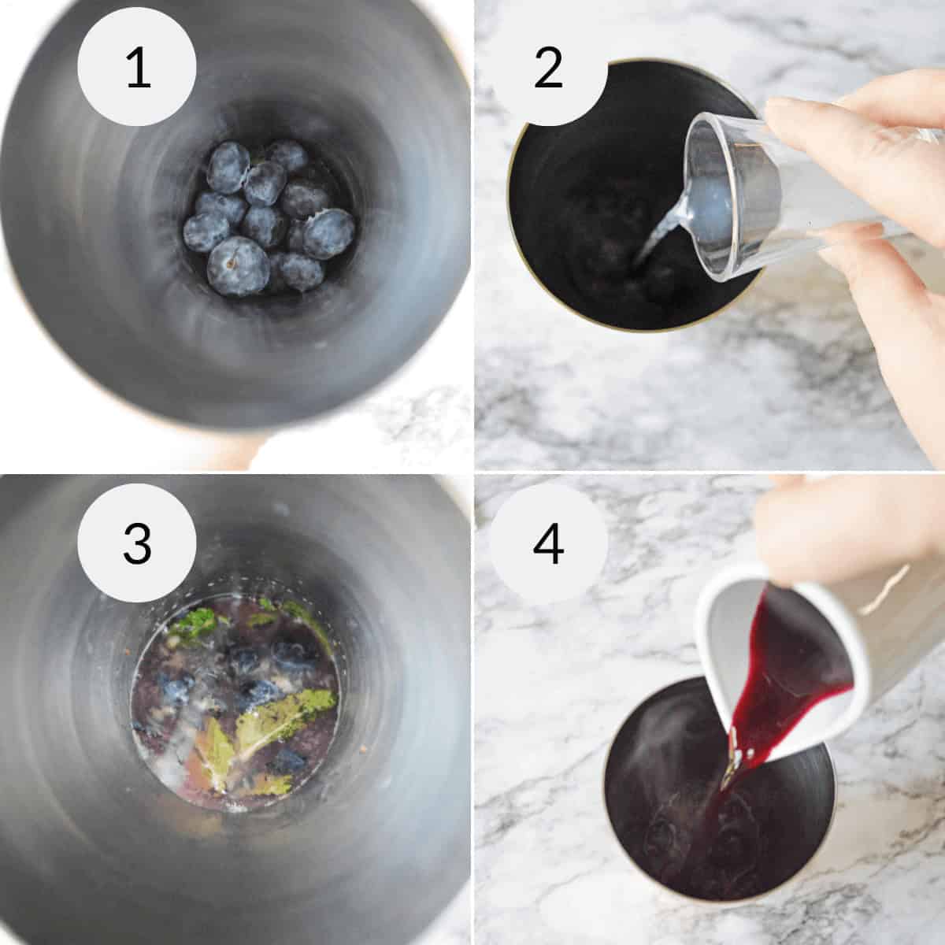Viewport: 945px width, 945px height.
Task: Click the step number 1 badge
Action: click(x=136, y=67)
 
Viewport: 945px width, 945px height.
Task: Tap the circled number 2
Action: click(x=548, y=67)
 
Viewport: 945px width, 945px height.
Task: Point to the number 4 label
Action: click(x=548, y=542)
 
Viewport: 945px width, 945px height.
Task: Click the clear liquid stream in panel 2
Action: click(x=658, y=236)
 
